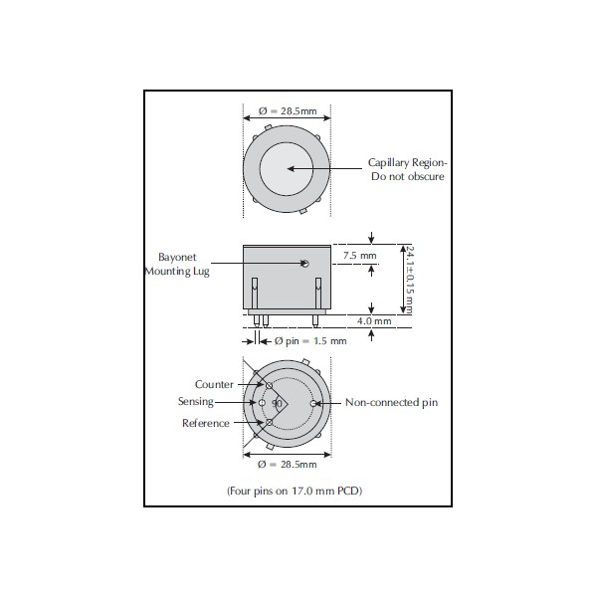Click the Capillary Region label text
point(407,169)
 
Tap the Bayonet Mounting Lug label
point(177,265)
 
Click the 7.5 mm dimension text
point(359,256)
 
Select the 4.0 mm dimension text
point(374,321)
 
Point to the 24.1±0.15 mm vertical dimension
point(410,280)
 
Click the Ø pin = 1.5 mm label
point(310,340)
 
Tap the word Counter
point(214,384)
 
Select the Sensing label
point(196,402)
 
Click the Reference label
point(206,423)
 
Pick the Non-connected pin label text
point(391,402)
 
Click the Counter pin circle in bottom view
point(269,386)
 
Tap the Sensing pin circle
point(262,402)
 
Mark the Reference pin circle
point(270,422)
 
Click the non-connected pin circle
point(313,403)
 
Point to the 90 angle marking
point(277,403)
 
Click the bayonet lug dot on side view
point(304,263)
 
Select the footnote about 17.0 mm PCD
point(295,491)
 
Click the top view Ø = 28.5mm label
point(288,110)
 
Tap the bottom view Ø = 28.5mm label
point(288,464)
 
